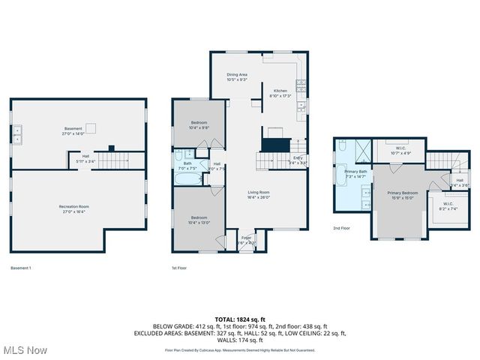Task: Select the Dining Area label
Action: click(238, 76)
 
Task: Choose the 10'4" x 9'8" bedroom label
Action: click(199, 124)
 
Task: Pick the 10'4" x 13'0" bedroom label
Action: click(199, 220)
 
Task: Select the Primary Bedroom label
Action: click(401, 196)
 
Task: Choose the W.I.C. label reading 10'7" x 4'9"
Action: click(401, 151)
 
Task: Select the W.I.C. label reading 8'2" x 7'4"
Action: click(448, 206)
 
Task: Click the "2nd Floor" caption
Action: click(342, 229)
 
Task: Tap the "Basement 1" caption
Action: click(21, 268)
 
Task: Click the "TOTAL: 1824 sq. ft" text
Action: click(239, 319)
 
